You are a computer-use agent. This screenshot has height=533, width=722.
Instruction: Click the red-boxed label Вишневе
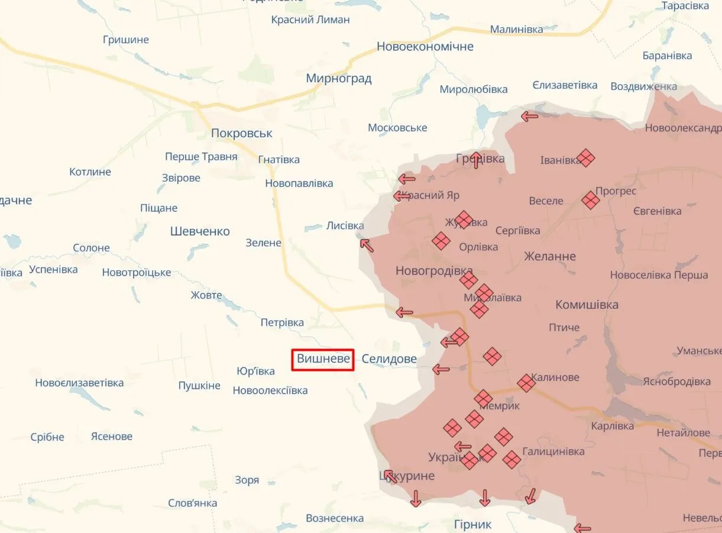pyautogui.click(x=323, y=359)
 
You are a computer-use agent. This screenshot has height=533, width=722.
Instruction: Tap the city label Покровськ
pyautogui.click(x=242, y=133)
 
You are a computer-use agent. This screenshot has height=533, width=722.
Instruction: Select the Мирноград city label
pyautogui.click(x=339, y=78)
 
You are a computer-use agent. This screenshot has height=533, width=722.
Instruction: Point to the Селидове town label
pyautogui.click(x=389, y=359)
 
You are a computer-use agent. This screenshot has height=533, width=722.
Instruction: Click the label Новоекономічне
pyautogui.click(x=425, y=46)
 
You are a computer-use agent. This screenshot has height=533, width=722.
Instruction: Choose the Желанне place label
pyautogui.click(x=550, y=256)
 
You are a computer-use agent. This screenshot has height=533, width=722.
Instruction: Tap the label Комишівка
pyautogui.click(x=587, y=305)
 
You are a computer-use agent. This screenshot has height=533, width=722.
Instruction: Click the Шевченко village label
pyautogui.click(x=200, y=231)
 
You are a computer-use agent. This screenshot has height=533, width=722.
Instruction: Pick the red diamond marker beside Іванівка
pyautogui.click(x=585, y=158)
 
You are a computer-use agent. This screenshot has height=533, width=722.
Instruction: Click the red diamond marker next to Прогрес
pyautogui.click(x=590, y=200)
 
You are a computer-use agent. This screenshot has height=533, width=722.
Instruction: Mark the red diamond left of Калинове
pyautogui.click(x=526, y=383)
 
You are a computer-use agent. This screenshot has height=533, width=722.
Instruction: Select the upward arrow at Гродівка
pyautogui.click(x=477, y=160)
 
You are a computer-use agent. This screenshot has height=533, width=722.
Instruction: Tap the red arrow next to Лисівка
pyautogui.click(x=367, y=245)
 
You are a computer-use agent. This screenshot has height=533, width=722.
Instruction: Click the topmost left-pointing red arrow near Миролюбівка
pyautogui.click(x=529, y=117)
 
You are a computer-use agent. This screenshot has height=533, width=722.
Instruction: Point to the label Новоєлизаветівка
pyautogui.click(x=79, y=383)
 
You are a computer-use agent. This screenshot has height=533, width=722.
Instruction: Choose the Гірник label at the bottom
pyautogui.click(x=472, y=525)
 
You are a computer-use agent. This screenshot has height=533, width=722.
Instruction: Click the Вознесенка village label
pyautogui.click(x=335, y=518)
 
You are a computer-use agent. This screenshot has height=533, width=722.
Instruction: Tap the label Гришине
pyautogui.click(x=126, y=40)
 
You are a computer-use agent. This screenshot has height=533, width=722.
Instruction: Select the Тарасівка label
pyautogui.click(x=685, y=6)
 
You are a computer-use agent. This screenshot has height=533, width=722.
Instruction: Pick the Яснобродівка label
pyautogui.click(x=676, y=382)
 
